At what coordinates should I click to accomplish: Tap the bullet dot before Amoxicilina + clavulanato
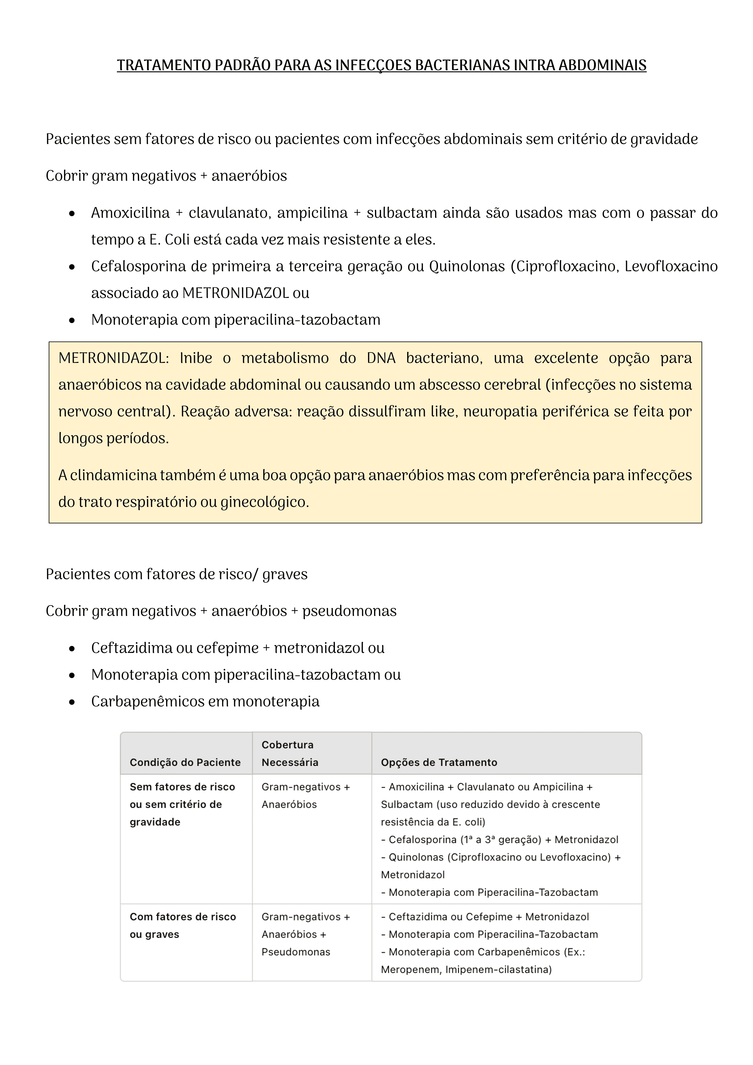point(72,214)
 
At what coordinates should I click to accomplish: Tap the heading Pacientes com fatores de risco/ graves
point(176,574)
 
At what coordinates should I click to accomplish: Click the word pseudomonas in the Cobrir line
point(349,611)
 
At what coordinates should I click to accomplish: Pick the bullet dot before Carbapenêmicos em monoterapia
point(72,702)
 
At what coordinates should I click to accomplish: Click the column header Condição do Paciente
point(185,762)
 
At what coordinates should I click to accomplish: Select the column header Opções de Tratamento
point(439,762)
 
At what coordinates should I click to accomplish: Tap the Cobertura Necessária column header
point(289,753)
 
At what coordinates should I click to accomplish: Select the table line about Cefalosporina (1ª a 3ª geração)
point(499,840)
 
